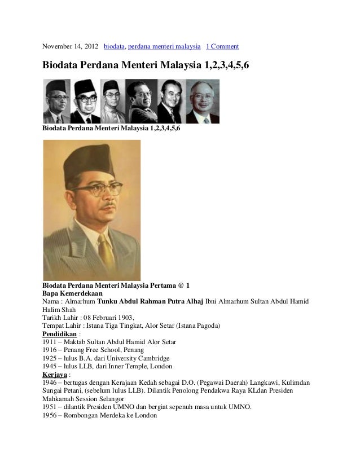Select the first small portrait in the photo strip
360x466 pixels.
[58, 100]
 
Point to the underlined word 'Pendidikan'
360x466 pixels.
[60, 334]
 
